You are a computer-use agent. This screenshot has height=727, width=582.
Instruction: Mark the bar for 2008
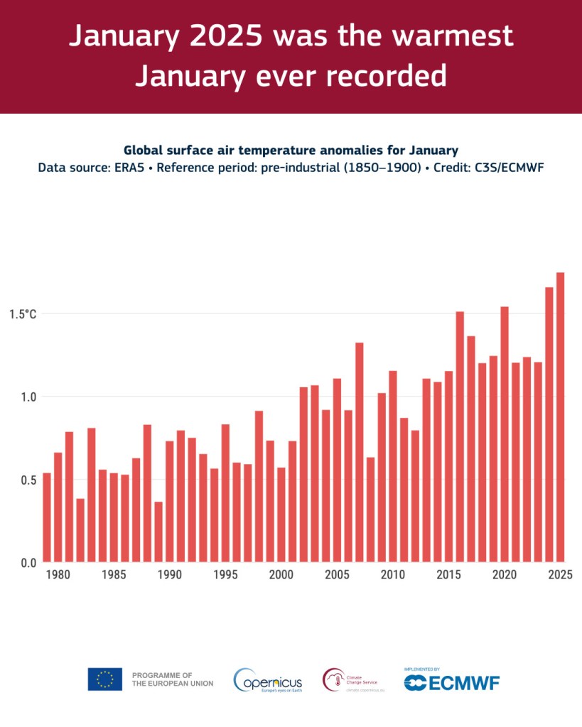pyautogui.click(x=370, y=509)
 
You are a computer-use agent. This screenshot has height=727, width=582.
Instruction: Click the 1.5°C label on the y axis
pyautogui.click(x=23, y=313)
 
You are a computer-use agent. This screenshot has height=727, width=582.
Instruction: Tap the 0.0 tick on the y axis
pyautogui.click(x=28, y=563)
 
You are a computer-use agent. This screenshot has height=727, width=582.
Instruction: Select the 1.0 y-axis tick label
pyautogui.click(x=28, y=397)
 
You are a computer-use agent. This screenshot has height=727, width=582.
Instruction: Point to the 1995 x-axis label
pyautogui.click(x=225, y=574)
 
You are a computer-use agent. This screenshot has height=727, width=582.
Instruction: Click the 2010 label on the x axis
pyautogui.click(x=392, y=574)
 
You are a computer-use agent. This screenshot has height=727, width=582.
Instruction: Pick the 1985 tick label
pyautogui.click(x=114, y=574)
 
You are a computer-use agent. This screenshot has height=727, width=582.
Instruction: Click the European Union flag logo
pyautogui.click(x=104, y=679)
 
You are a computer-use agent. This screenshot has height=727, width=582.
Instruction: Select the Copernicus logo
pyautogui.click(x=268, y=681)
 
